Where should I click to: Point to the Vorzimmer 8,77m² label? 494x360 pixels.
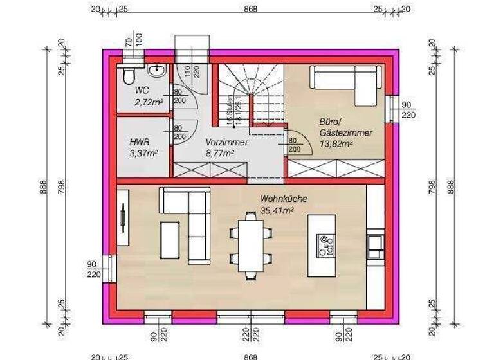point(219,147)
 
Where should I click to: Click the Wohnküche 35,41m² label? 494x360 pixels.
point(277,204)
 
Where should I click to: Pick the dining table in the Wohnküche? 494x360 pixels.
point(248,245)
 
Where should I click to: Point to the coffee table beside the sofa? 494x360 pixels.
point(170,241)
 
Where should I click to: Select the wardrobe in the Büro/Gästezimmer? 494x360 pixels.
point(335,170)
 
